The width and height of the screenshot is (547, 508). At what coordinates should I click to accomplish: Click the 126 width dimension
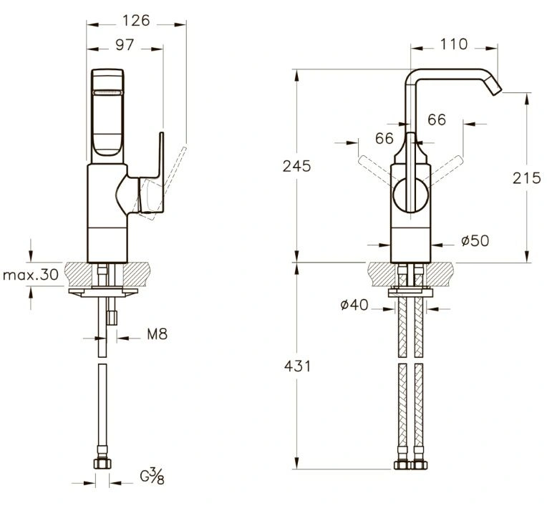pyautogui.click(x=136, y=21)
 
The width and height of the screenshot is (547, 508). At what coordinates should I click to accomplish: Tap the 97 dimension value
pyautogui.click(x=125, y=45)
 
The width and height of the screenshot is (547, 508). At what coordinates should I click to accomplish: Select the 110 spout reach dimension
pyautogui.click(x=453, y=44)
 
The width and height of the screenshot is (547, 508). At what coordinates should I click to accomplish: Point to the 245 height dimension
pyautogui.click(x=296, y=166)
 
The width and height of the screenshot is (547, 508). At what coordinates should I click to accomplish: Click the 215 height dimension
pyautogui.click(x=526, y=178)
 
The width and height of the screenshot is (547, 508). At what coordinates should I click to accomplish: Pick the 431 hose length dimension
pyautogui.click(x=297, y=366)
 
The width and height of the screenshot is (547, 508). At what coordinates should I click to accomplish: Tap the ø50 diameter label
pyautogui.click(x=475, y=240)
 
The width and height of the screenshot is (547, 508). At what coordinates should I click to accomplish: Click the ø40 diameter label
pyautogui.click(x=354, y=305)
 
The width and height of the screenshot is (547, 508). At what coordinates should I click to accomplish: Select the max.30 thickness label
pyautogui.click(x=31, y=275)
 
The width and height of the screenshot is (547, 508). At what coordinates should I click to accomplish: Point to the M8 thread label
pyautogui.click(x=158, y=334)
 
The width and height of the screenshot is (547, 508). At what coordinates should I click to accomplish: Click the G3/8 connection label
pyautogui.click(x=152, y=476)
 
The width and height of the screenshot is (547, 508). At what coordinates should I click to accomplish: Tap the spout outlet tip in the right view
pyautogui.click(x=495, y=89)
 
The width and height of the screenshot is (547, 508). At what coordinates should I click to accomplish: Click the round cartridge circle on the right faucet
pyautogui.click(x=410, y=195)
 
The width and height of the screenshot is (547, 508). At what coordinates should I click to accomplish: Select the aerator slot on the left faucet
pyautogui.click(x=107, y=92)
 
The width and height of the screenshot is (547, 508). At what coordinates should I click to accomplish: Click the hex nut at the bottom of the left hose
pyautogui.click(x=102, y=464)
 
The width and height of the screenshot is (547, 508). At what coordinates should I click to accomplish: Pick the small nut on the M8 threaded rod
pyautogui.click(x=112, y=318)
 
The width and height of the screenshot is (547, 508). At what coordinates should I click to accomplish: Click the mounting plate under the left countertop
pyautogui.click(x=103, y=292)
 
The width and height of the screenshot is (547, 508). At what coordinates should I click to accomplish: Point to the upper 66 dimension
pyautogui.click(x=437, y=120)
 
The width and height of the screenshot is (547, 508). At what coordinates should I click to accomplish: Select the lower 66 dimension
pyautogui.click(x=384, y=138)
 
